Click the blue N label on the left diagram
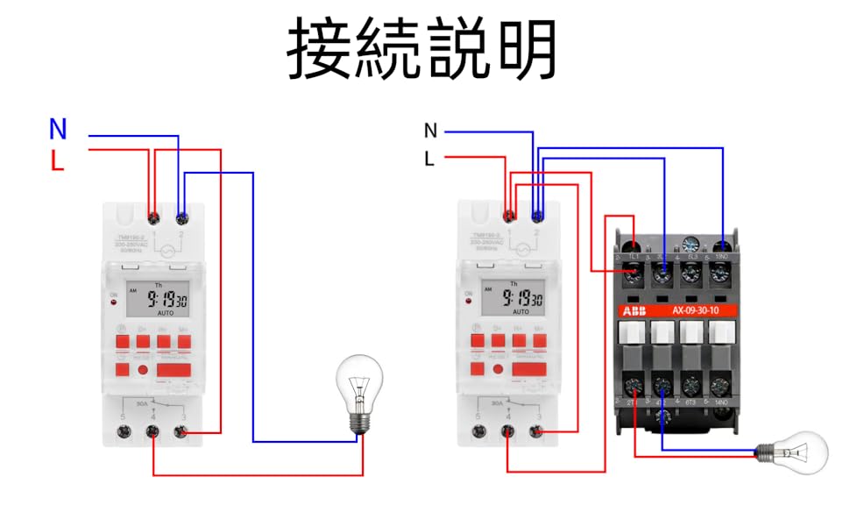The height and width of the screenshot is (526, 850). click(x=58, y=130)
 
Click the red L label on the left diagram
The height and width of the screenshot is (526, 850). click(x=58, y=161)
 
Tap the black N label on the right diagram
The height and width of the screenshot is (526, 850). click(x=430, y=131)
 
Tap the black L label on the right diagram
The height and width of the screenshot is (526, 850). click(x=429, y=160)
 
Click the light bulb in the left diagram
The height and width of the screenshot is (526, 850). click(x=360, y=391)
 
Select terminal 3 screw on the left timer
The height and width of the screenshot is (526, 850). click(x=181, y=431)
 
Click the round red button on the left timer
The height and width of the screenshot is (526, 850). click(x=142, y=371)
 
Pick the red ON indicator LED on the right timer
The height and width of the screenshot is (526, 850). click(x=469, y=302)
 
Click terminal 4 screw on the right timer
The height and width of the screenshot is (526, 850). click(x=508, y=431)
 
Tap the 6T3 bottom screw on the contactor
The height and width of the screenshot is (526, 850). click(x=691, y=385)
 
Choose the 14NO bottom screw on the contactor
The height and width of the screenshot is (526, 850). click(x=719, y=385)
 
